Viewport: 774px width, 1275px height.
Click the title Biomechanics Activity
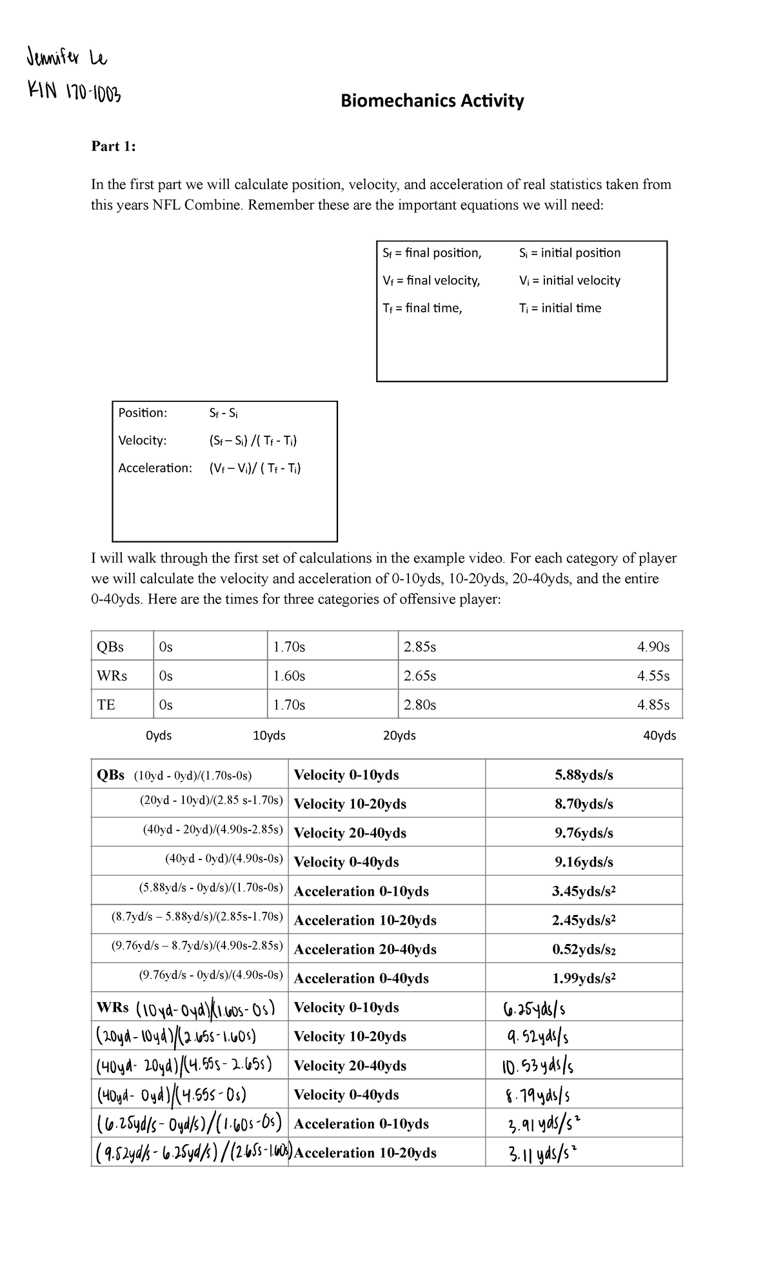(432, 101)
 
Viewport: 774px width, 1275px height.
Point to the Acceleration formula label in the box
(155, 468)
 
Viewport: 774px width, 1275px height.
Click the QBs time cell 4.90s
(653, 647)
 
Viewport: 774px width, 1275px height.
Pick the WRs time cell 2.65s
(419, 676)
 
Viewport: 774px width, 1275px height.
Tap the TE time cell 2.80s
(419, 705)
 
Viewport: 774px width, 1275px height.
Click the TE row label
(106, 705)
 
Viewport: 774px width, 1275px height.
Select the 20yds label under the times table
(399, 736)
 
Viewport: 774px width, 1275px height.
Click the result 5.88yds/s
(584, 775)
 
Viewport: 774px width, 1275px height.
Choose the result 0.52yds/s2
(584, 949)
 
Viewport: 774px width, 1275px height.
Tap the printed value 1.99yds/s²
(584, 978)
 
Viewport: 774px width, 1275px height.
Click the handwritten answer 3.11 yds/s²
(542, 1153)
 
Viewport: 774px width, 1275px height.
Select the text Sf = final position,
(432, 253)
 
